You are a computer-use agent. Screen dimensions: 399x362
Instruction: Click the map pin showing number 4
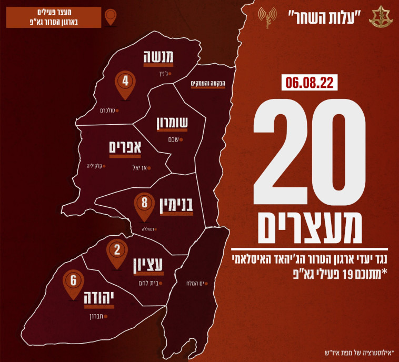[125, 83]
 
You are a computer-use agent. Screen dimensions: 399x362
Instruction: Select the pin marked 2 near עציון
[117, 252]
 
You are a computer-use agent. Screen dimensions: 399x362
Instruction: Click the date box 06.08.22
[309, 83]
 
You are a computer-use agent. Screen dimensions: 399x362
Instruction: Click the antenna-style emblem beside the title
[267, 16]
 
